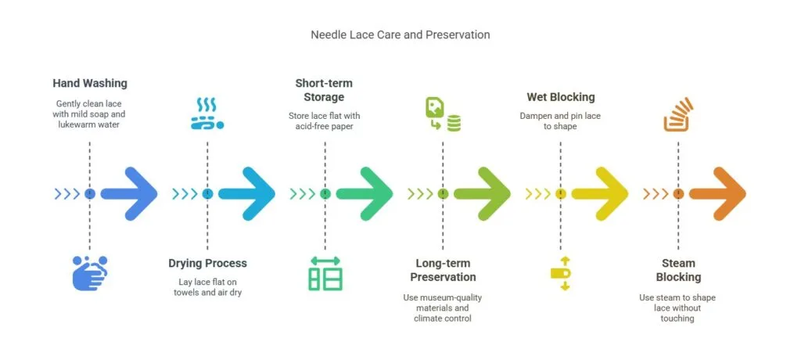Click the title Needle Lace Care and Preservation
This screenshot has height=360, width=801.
tap(400, 35)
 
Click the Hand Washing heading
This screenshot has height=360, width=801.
tap(90, 83)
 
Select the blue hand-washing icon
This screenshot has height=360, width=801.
tap(89, 273)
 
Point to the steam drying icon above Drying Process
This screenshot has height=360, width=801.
tap(207, 113)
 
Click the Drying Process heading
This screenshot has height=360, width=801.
tap(207, 263)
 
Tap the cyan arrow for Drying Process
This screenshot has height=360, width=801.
tap(247, 193)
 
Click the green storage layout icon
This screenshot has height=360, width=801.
tap(325, 273)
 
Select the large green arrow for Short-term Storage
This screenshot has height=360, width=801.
tap(365, 193)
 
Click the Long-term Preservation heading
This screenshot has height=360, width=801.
tap(442, 270)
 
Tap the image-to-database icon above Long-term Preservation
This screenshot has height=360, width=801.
tap(442, 113)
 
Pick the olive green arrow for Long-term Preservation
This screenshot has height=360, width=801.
tap(482, 193)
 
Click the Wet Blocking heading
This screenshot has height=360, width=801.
tap(560, 97)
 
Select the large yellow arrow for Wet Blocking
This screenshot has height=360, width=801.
tap(600, 193)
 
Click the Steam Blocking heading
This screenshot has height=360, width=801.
tap(677, 270)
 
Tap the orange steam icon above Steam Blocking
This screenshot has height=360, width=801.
tap(677, 113)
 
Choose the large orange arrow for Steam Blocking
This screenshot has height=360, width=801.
tap(717, 193)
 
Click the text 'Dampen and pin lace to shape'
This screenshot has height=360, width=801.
tap(560, 121)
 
